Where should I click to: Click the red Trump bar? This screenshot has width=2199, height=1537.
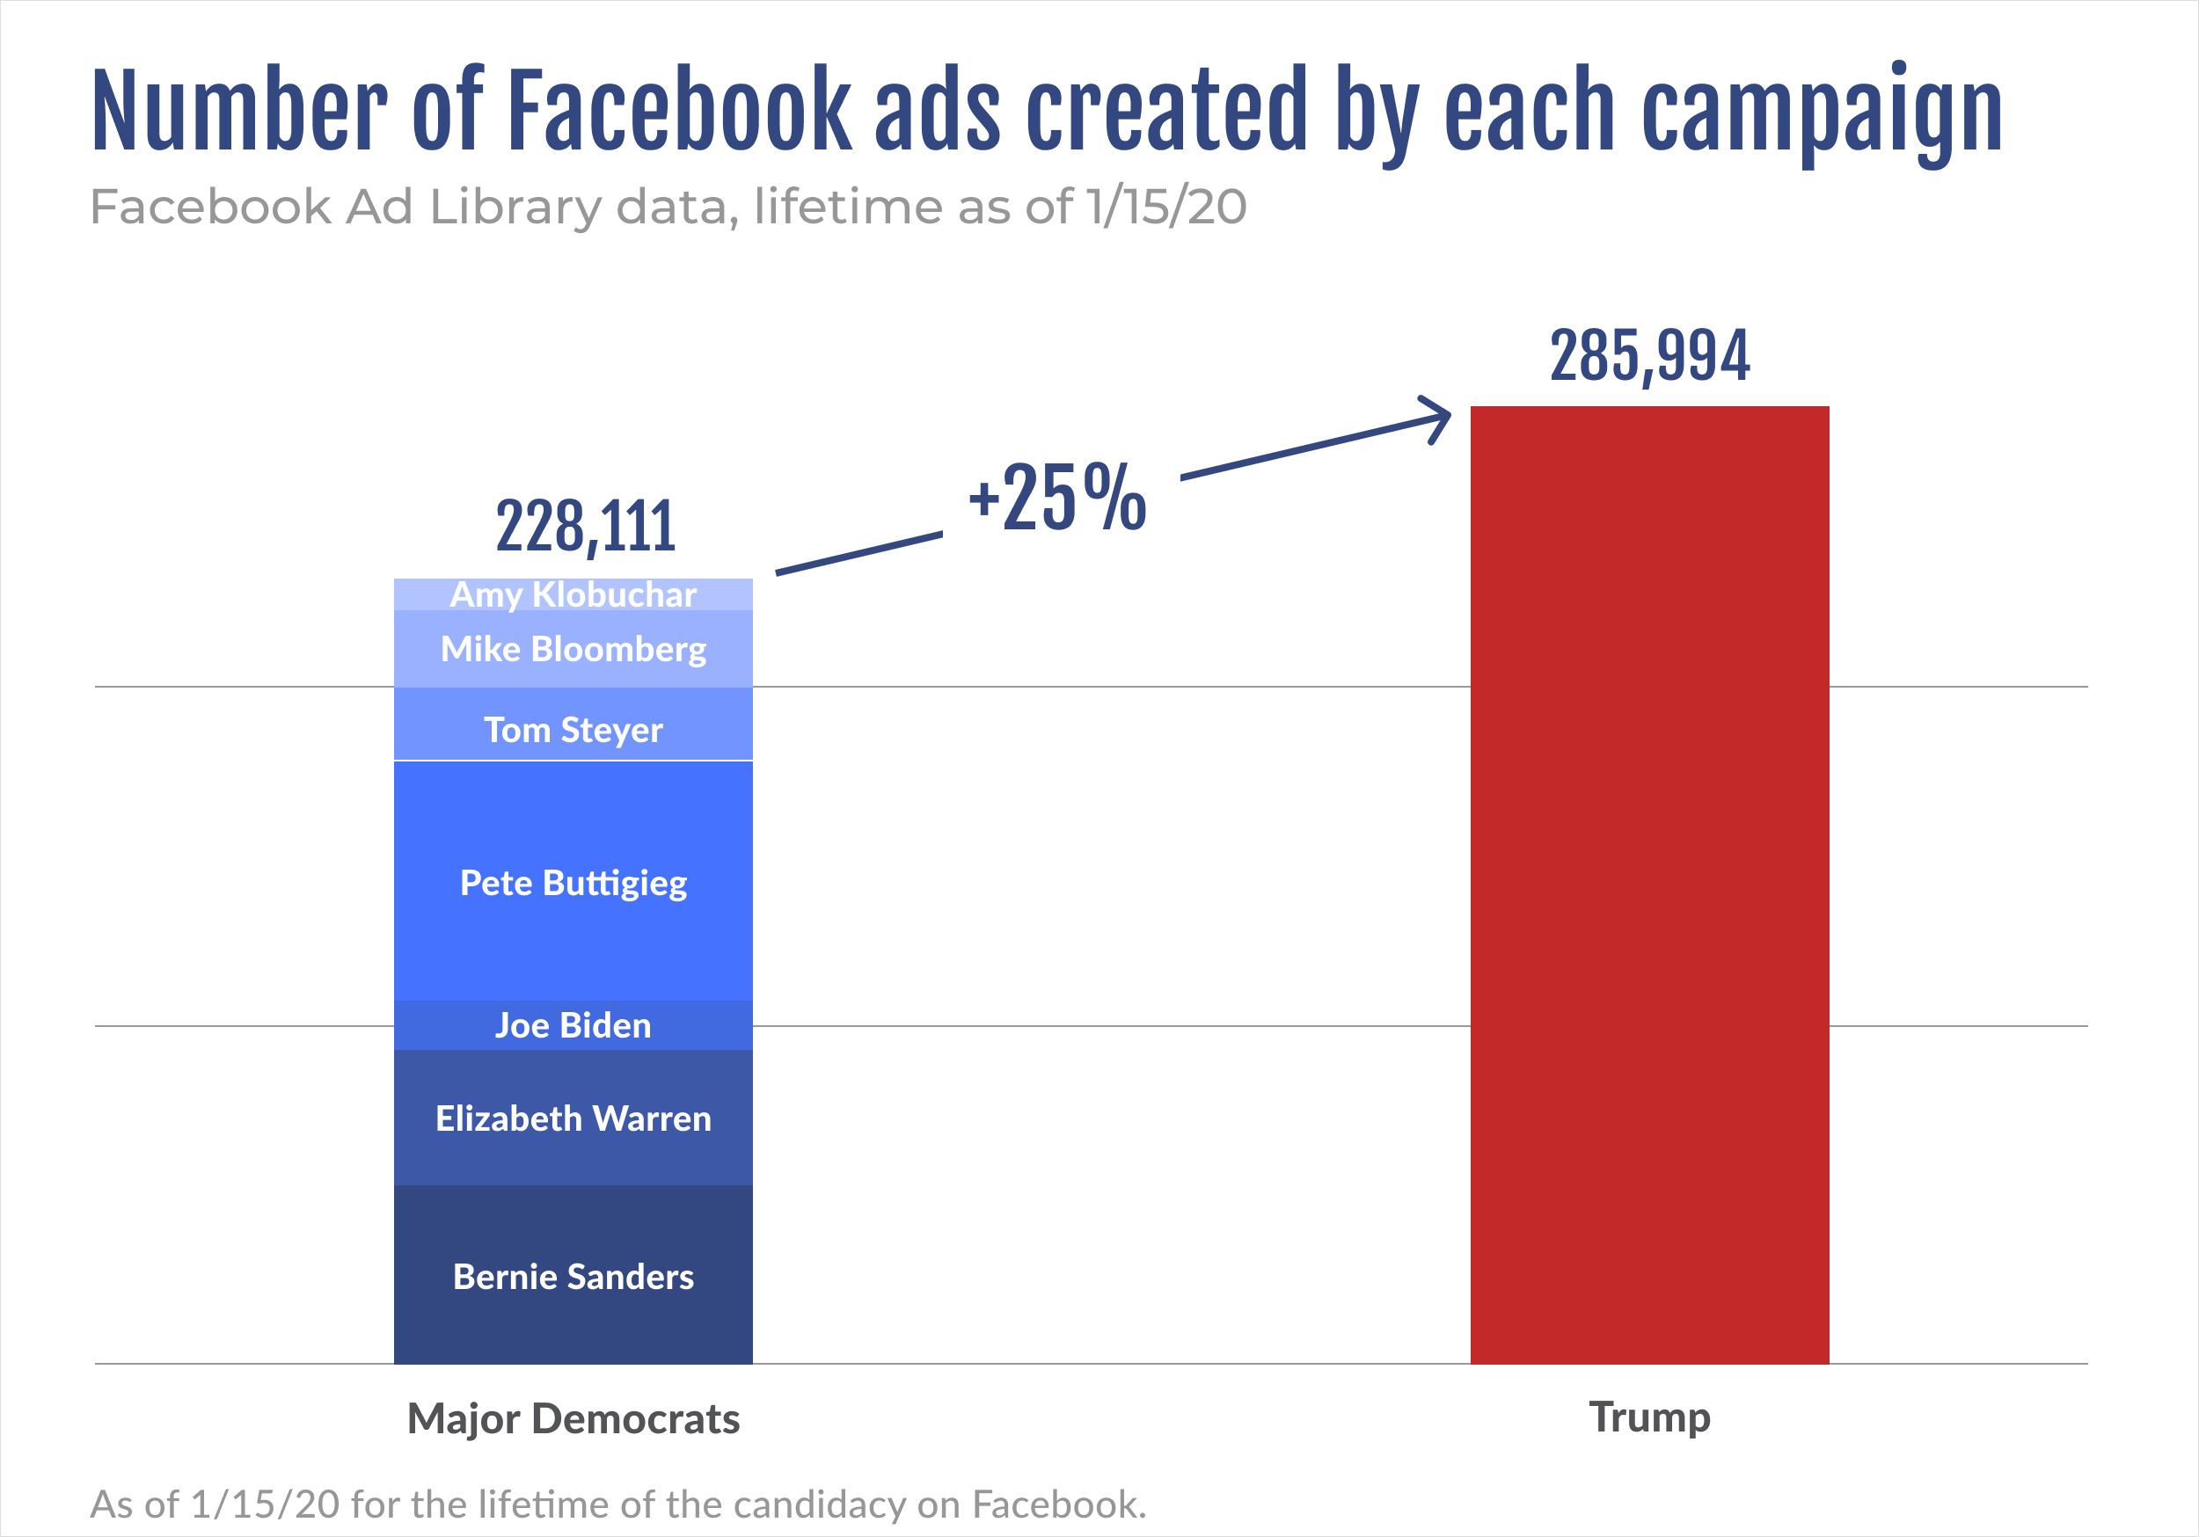pyautogui.click(x=1649, y=885)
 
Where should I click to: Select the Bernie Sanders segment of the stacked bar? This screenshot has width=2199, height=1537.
pyautogui.click(x=573, y=1275)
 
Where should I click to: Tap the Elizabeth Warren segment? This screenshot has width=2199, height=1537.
pyautogui.click(x=573, y=1118)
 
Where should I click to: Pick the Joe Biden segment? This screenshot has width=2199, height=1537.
pyautogui.click(x=573, y=1024)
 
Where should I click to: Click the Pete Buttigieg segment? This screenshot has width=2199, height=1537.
pyautogui.click(x=573, y=881)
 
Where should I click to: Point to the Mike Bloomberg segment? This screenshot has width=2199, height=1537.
pyautogui.click(x=573, y=648)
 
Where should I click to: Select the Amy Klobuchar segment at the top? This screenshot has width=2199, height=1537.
pyautogui.click(x=573, y=594)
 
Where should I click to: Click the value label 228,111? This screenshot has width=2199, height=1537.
pyautogui.click(x=585, y=526)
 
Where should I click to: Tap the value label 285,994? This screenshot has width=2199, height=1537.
pyautogui.click(x=1649, y=355)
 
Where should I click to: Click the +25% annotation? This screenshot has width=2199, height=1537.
pyautogui.click(x=1056, y=497)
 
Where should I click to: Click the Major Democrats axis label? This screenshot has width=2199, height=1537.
pyautogui.click(x=573, y=1418)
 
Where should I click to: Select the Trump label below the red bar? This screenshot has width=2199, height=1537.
pyautogui.click(x=1649, y=1417)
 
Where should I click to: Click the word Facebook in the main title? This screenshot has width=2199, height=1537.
pyautogui.click(x=678, y=110)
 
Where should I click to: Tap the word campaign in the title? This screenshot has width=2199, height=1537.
pyautogui.click(x=1822, y=113)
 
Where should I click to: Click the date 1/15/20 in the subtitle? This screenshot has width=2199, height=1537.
pyautogui.click(x=1165, y=207)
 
